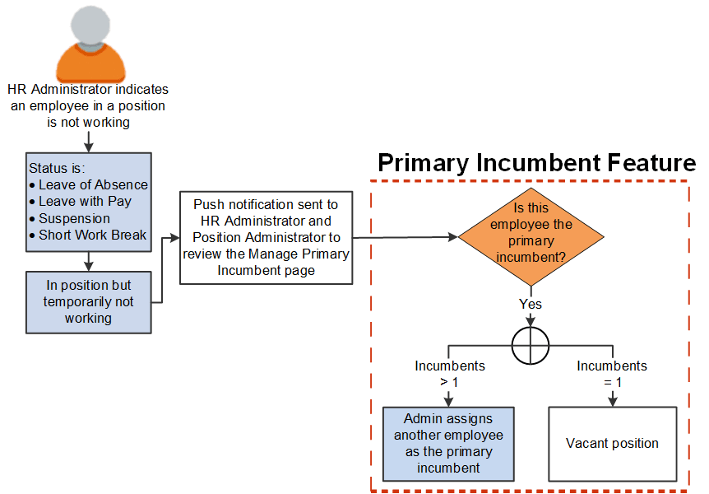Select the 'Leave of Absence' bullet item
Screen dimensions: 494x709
point(93,184)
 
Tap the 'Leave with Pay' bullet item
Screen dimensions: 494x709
point(85,201)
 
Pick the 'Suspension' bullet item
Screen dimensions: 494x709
point(74,218)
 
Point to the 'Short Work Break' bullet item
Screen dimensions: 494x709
point(92,235)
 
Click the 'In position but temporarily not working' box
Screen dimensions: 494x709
point(88,301)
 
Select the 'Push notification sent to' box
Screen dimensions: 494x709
point(266,238)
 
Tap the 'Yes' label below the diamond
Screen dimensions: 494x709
point(531,304)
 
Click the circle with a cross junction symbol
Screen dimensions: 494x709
point(531,344)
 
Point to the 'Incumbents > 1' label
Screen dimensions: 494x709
point(449,373)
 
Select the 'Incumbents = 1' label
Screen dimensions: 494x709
point(612,373)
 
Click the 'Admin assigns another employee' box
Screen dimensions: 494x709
point(448,443)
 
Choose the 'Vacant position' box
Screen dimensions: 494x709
point(612,443)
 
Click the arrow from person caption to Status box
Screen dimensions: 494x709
point(88,141)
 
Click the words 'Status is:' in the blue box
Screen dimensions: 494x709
point(57,167)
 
